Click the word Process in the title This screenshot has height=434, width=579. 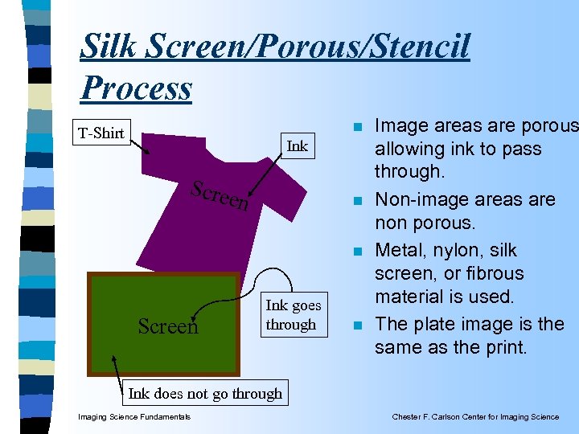coord(136,88)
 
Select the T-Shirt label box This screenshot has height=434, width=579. coord(101,133)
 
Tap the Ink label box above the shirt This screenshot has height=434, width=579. coord(297,146)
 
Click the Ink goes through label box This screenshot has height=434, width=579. coord(293,315)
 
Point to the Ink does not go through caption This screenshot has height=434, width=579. coord(205,393)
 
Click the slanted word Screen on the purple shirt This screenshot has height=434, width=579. coord(220,195)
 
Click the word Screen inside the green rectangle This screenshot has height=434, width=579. coord(167,326)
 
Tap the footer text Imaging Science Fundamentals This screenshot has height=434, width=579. coord(133,416)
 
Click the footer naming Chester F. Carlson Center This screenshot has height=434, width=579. coord(475,416)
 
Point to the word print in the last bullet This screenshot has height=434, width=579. coord(500,348)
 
